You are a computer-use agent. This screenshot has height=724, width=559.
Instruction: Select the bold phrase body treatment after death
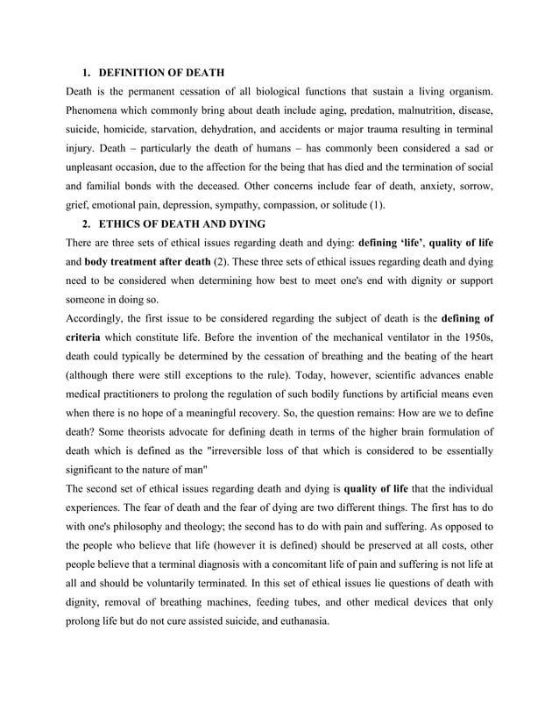click(x=147, y=262)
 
